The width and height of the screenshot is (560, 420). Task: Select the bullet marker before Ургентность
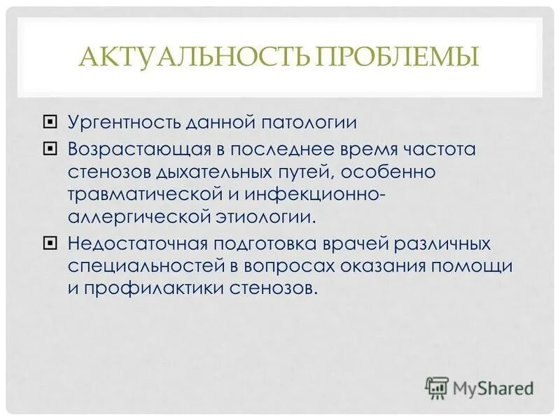(x=48, y=122)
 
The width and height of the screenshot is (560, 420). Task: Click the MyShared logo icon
(x=437, y=386)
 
